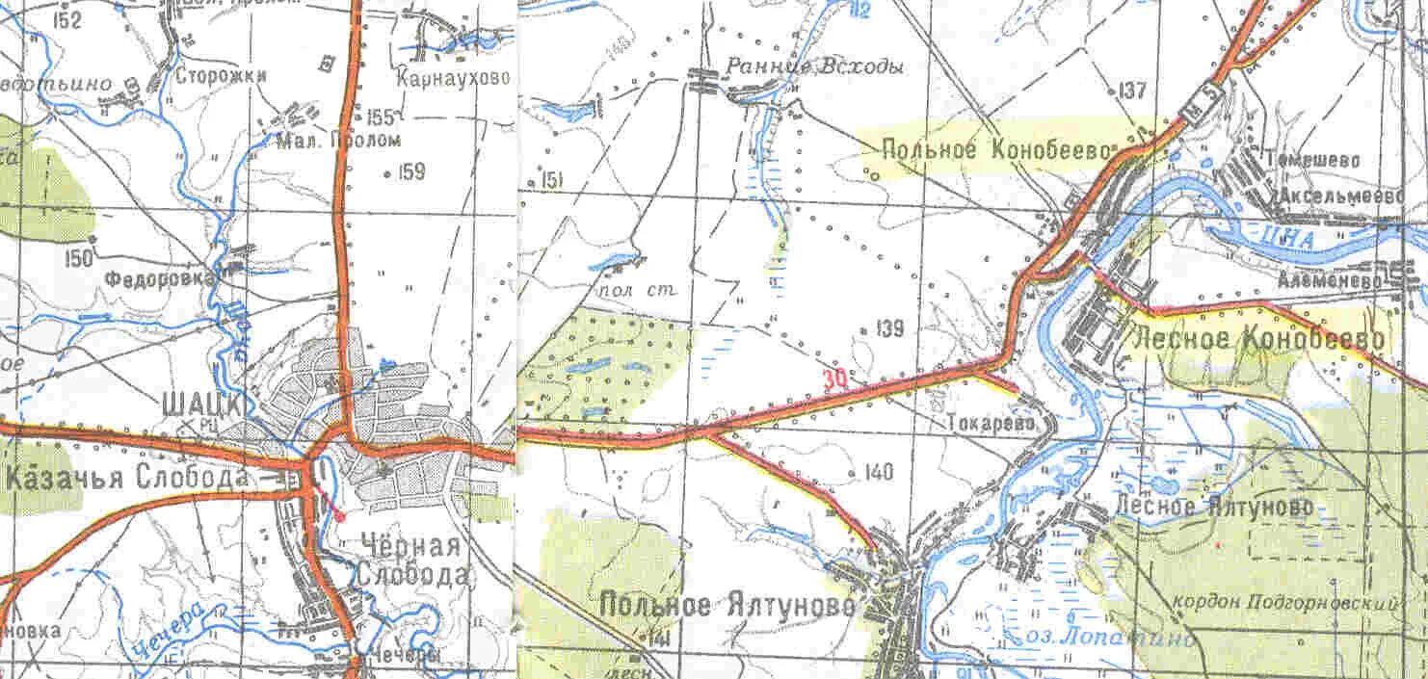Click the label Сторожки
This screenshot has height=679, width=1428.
point(221,76)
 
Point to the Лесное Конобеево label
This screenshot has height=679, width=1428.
point(1260,338)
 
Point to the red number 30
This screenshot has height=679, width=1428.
point(835,379)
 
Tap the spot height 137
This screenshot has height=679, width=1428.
point(1133,91)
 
